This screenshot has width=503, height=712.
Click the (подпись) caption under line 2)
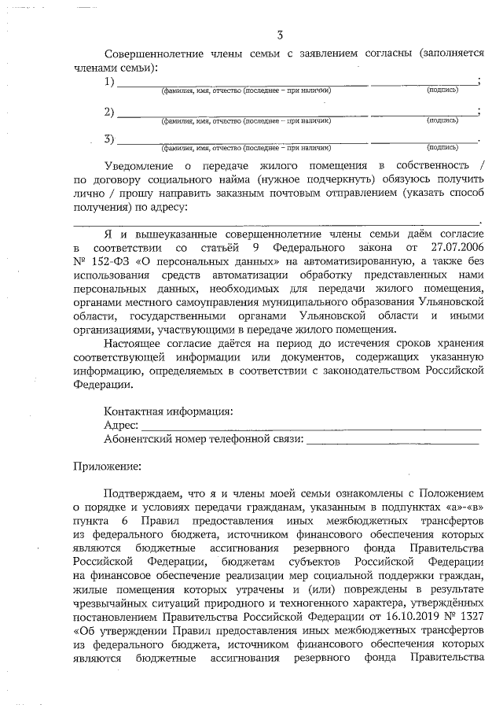442,120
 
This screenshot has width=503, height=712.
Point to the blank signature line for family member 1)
423,83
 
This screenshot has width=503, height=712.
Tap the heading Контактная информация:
168,411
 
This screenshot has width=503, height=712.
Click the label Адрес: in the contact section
121,425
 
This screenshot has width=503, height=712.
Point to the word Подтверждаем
142,494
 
